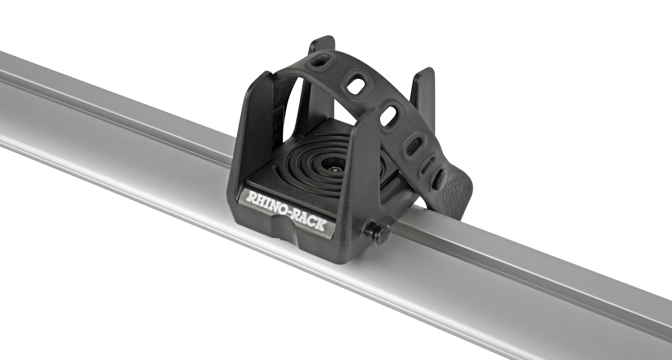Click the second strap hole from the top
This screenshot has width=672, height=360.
click(x=355, y=86)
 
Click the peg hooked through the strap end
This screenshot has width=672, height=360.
click(x=439, y=180)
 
